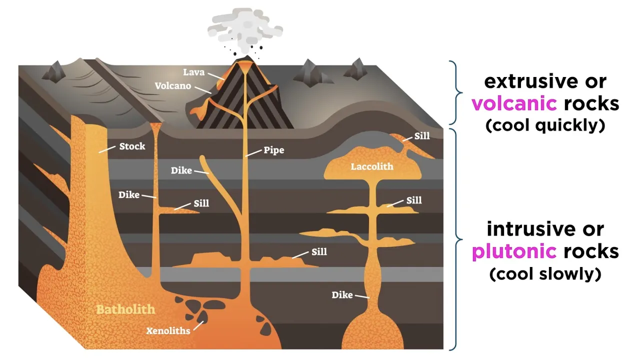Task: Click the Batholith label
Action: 125,309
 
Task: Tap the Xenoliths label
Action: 168,330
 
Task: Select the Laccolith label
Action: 372,166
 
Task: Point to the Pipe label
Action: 274,150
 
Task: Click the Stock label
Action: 132,146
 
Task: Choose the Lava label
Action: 193,72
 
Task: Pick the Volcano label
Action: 172,86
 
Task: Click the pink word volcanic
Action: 514,103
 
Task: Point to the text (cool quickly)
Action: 545,125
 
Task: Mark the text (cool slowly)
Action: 545,274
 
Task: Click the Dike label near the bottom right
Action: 342,295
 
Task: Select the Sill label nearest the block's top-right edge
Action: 421,136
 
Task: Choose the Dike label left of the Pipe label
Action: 181,170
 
